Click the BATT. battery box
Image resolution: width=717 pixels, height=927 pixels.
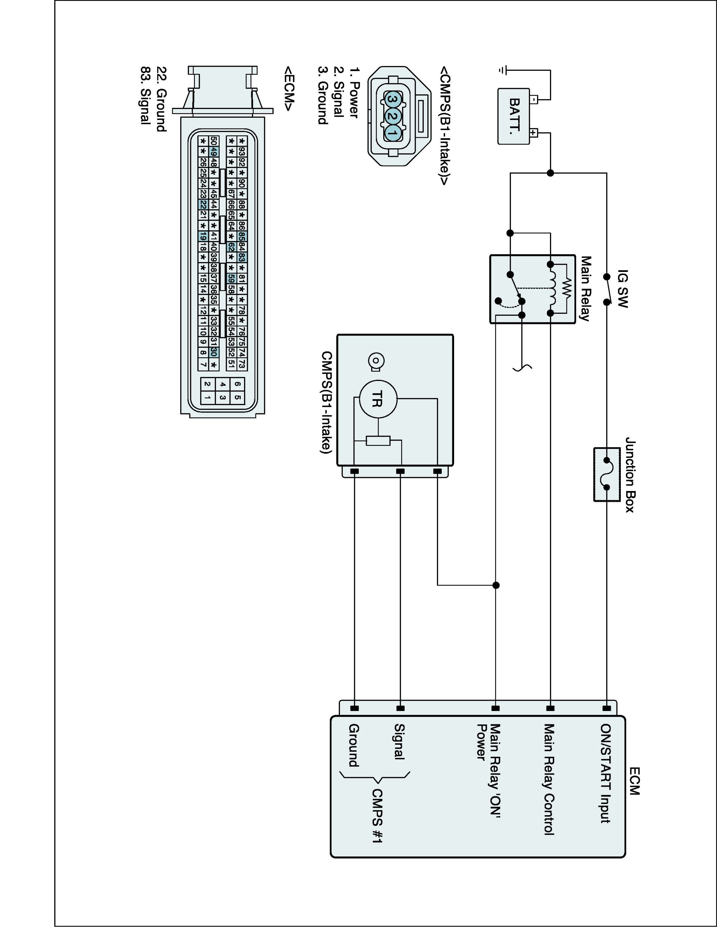(x=513, y=116)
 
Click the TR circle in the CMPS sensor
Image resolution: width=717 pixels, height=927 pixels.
(x=378, y=399)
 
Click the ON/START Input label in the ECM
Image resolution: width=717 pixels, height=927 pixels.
(x=605, y=773)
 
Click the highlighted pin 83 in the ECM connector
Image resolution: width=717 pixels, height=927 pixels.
(x=242, y=257)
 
